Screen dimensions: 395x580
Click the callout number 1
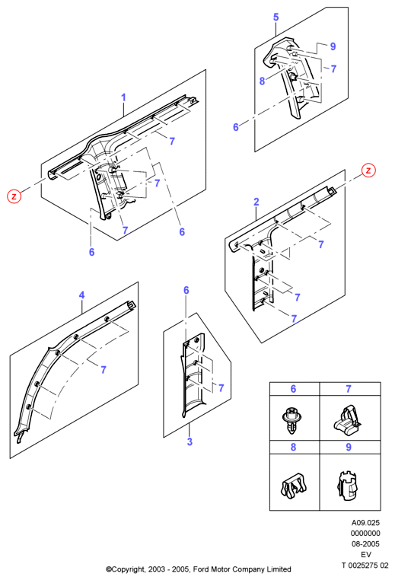123,97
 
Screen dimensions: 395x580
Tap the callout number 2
256,202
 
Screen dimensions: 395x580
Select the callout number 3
190,441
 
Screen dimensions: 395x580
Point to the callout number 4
81,295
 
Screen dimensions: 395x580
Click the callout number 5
276,17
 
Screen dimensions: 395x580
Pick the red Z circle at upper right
368,170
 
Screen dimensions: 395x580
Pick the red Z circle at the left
14,196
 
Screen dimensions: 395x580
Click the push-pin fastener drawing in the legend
291,420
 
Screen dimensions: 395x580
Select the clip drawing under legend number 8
294,485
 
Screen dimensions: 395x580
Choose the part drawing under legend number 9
348,485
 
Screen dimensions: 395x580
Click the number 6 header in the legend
293,389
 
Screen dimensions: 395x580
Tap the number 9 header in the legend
349,448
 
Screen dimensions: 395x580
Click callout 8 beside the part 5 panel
263,81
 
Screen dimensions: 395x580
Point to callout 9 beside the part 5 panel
333,46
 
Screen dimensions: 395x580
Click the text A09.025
365,523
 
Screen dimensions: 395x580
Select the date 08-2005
365,543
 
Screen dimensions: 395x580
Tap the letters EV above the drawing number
366,554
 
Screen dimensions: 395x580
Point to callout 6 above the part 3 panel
186,290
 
